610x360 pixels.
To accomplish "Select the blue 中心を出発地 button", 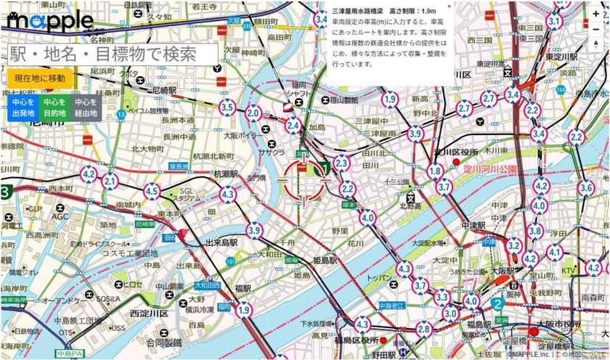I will [18, 108].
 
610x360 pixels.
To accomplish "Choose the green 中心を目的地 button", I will [52, 108].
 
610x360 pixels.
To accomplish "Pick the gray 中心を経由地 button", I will [85, 108].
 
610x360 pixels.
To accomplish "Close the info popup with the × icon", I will [449, 6].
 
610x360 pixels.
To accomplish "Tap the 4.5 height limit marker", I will [152, 192].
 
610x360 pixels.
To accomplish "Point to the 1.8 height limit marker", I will [435, 171].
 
